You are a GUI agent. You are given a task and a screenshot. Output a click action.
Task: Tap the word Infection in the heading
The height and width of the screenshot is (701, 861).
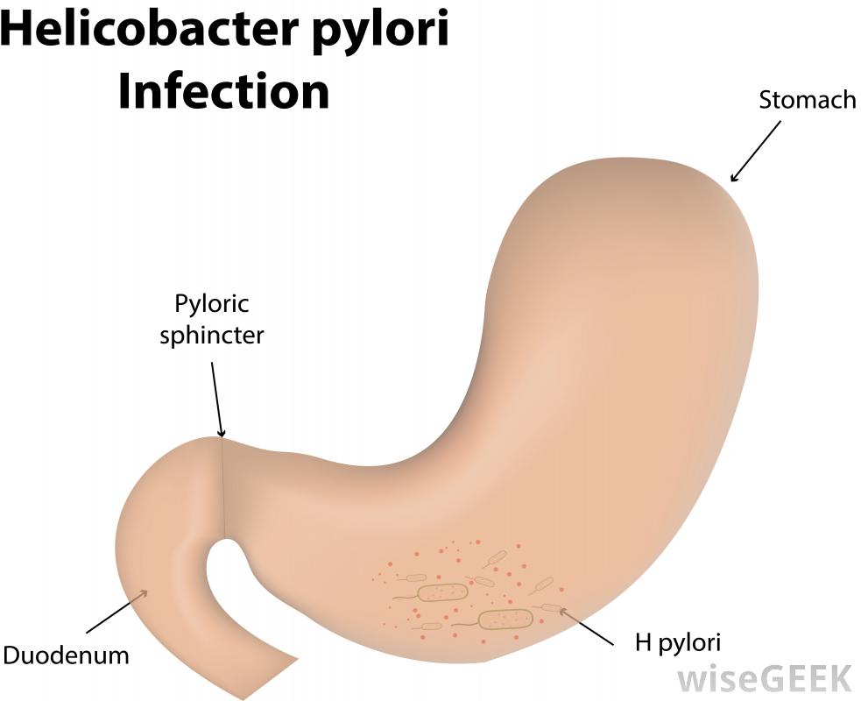223,90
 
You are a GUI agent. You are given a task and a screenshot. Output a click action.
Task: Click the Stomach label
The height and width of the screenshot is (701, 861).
807,100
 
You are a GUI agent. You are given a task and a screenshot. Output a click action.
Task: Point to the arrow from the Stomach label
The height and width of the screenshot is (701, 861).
754,152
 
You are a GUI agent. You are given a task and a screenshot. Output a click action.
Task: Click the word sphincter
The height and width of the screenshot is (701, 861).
211,336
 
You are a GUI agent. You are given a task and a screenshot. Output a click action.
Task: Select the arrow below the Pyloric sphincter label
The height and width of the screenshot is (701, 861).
216,398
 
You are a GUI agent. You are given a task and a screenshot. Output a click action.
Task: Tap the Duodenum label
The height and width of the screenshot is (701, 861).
67,655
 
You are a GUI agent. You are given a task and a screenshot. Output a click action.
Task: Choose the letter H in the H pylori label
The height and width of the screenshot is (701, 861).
642,643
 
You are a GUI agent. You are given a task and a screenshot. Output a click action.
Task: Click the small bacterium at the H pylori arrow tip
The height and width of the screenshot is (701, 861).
551,607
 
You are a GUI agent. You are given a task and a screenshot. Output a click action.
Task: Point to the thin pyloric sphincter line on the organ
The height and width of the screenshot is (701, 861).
223,486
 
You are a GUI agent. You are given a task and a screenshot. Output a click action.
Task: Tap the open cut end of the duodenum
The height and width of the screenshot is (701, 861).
268,675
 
